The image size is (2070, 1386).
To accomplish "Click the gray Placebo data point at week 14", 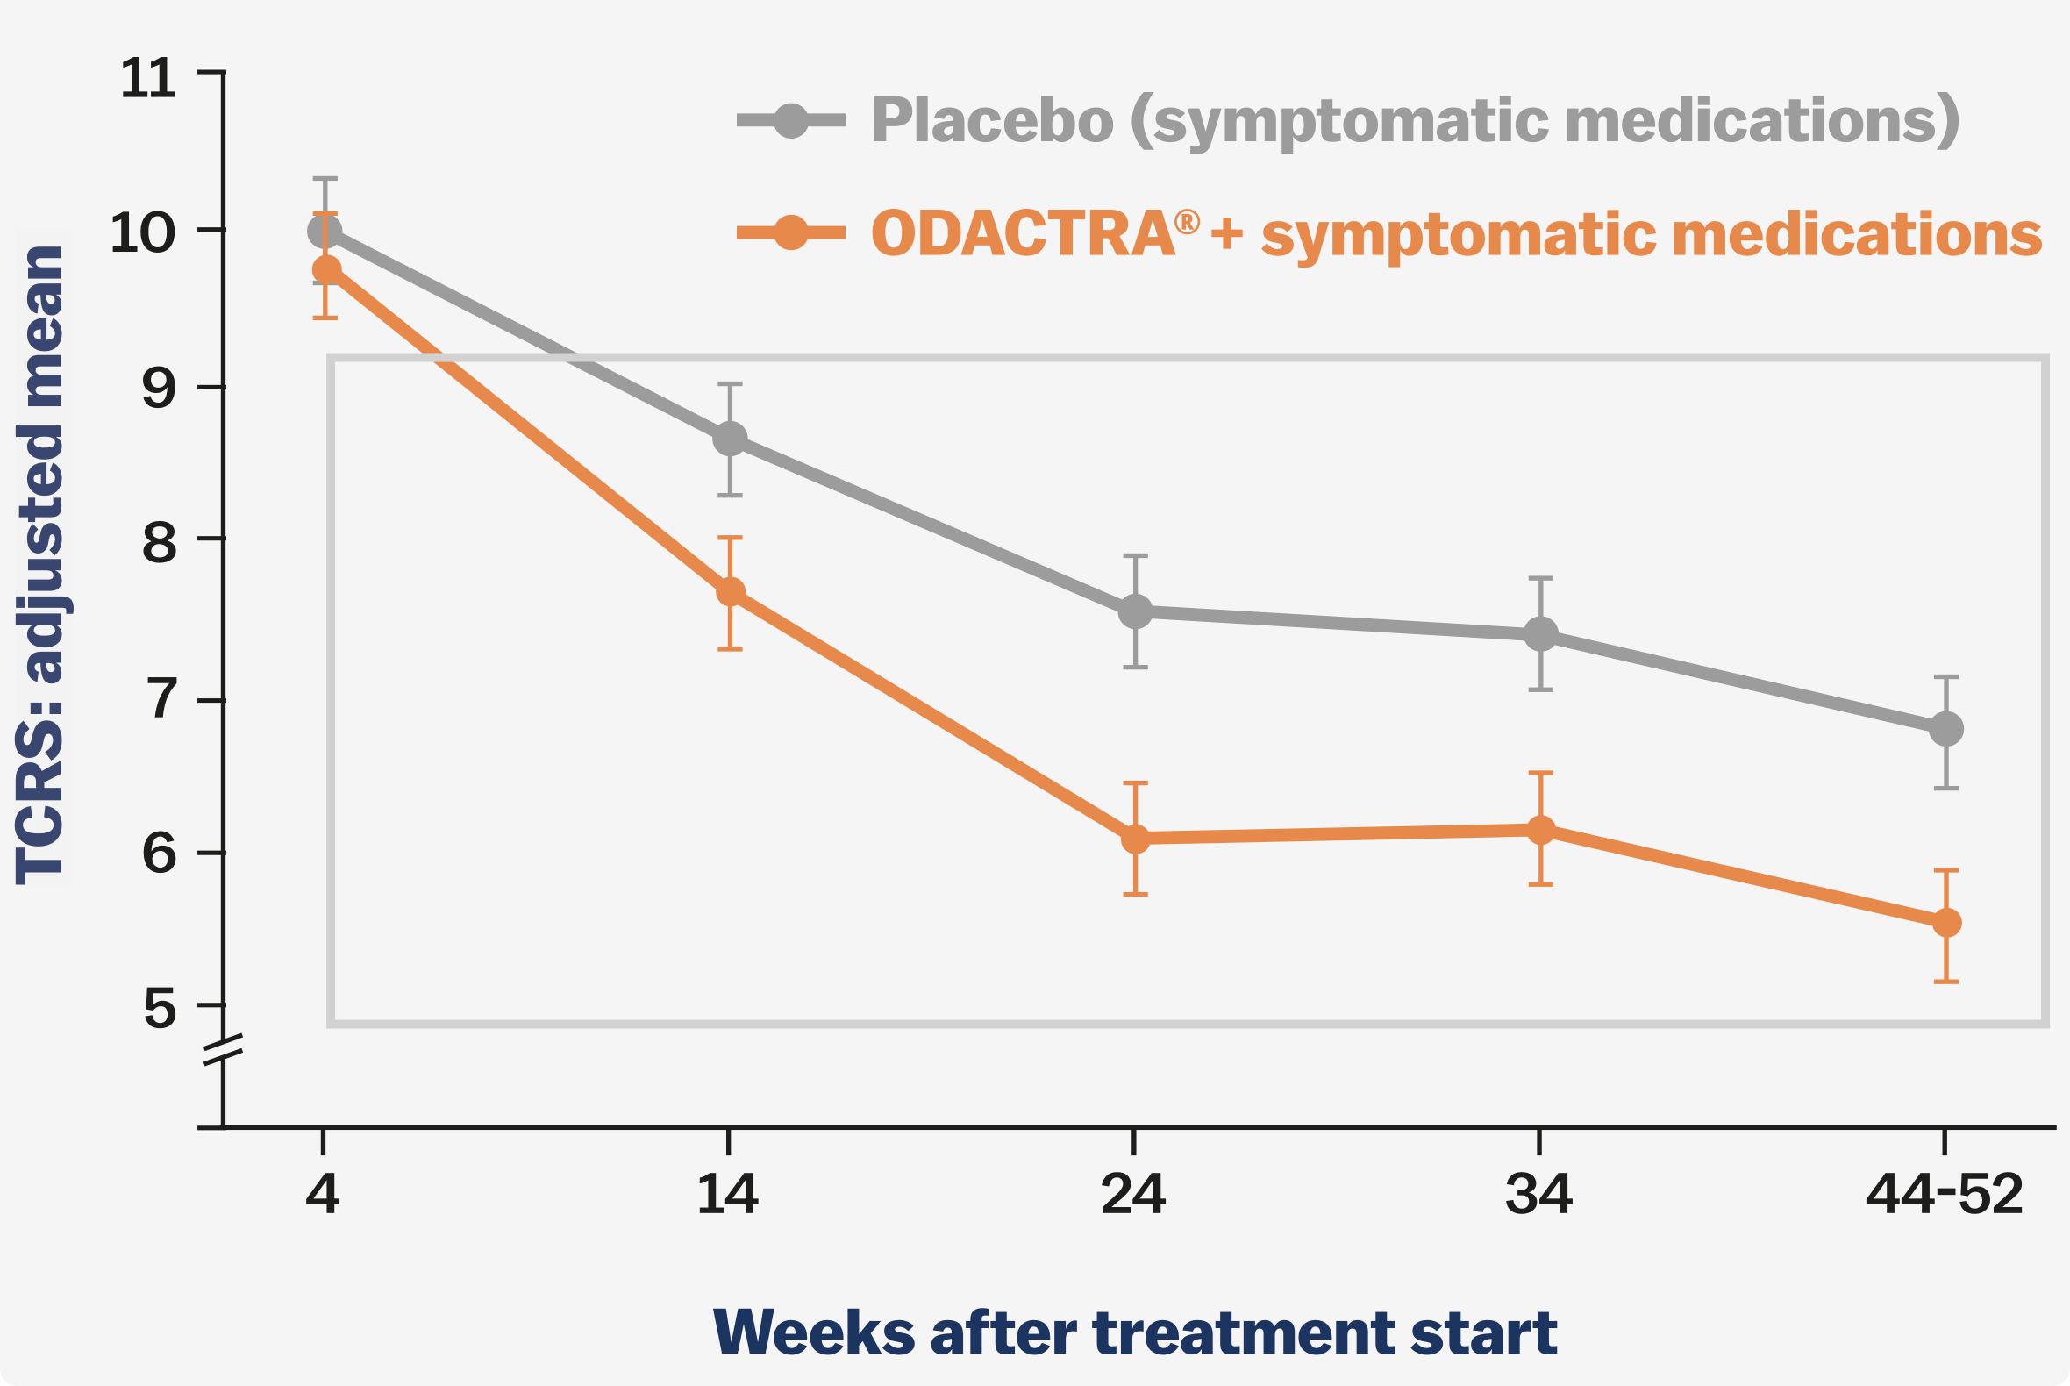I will pos(730,439).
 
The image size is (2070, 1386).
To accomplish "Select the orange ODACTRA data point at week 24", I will pos(1136,839).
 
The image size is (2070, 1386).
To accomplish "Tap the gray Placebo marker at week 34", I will pos(1541,633).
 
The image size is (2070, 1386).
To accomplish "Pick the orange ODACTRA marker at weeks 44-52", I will pos(1947,923).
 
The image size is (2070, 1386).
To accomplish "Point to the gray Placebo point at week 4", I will pos(325,232).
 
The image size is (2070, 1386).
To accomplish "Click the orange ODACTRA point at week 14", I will pos(730,591).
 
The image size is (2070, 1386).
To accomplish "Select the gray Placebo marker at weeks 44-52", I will pos(1947,729).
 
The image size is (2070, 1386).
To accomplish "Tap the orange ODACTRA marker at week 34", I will pos(1541,830).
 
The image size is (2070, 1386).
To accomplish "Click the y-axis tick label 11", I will pos(147,79).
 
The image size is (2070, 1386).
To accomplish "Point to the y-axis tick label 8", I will pos(159,543).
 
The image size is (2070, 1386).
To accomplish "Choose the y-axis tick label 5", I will pos(159,1010).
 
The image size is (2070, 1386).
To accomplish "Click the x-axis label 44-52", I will pos(1945,1196).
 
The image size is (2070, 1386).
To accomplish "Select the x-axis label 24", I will pos(1134,1196).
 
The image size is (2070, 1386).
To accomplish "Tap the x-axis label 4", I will pos(323,1196).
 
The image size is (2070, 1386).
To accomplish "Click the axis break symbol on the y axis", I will pos(224,1048).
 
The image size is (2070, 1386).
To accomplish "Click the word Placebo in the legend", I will pos(992,120).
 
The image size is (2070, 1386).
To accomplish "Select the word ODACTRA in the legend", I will pos(1024,234).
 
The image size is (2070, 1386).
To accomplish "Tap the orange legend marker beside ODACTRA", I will pos(791,233).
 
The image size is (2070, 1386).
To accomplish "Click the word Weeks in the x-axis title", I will pos(814,1333).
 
